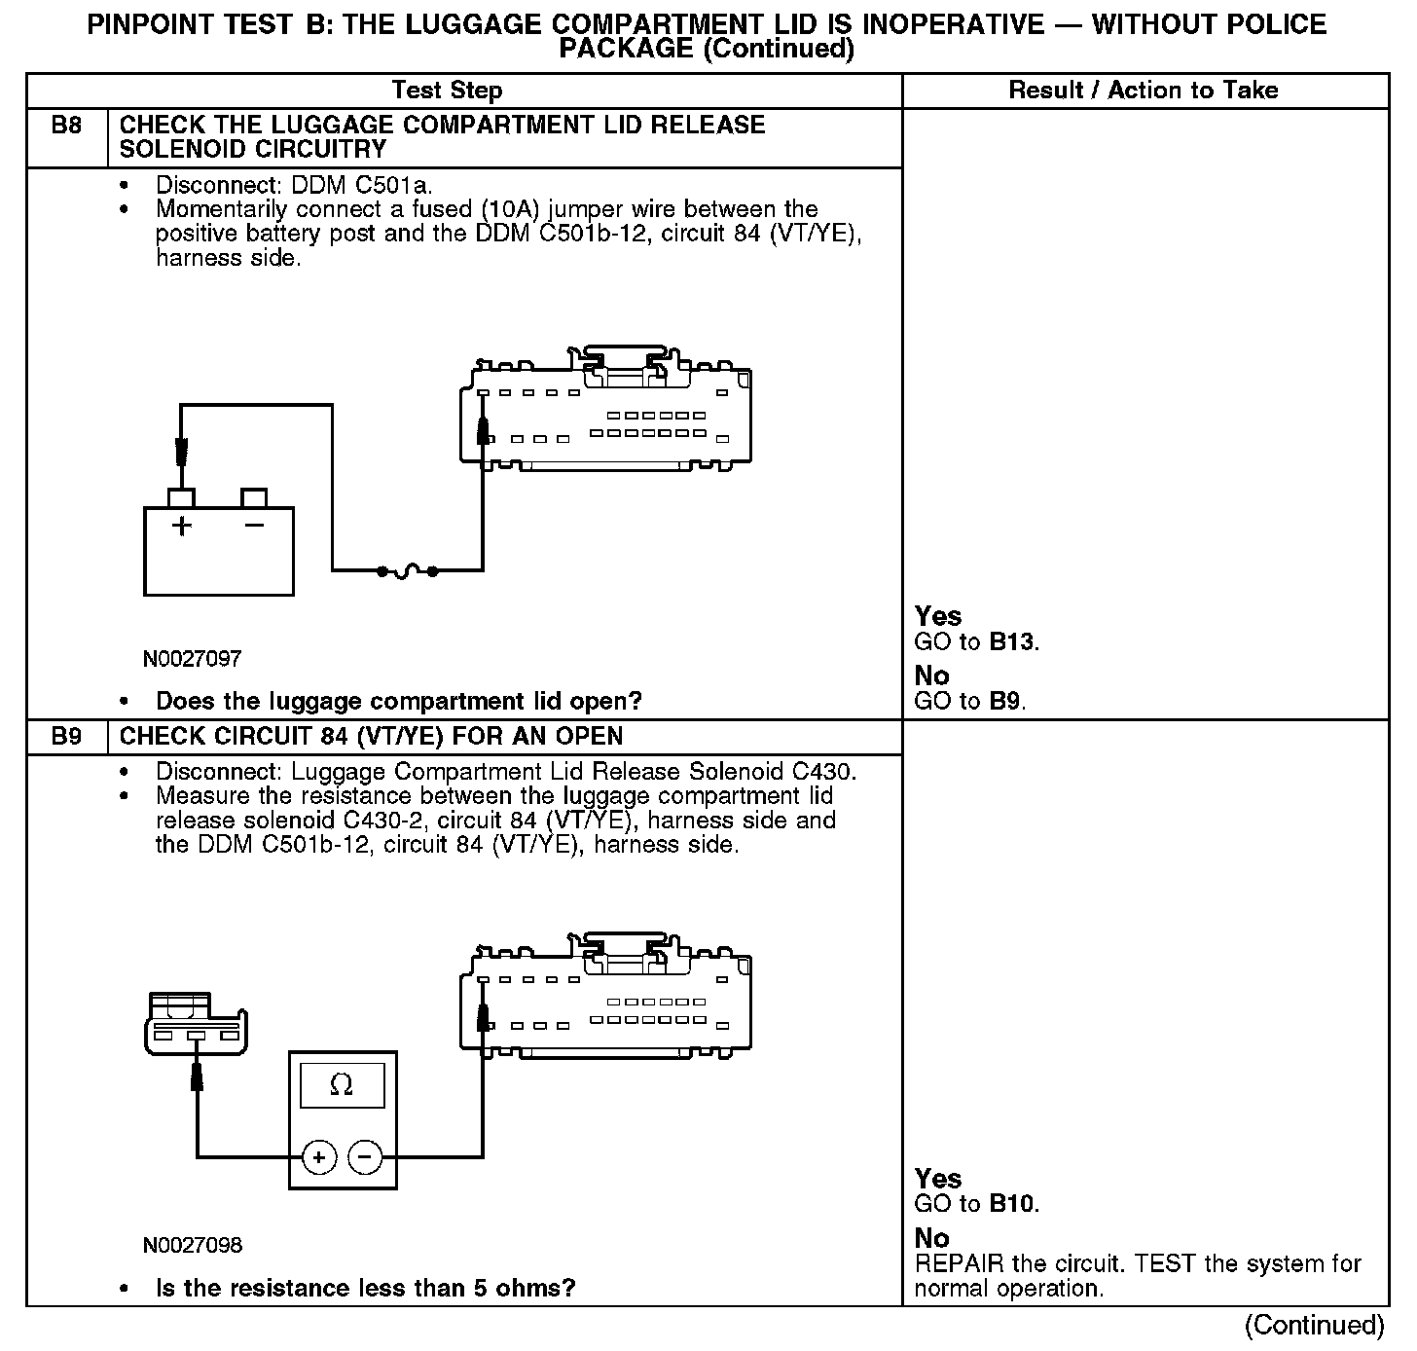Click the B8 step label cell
tap(66, 126)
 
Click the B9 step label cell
tap(66, 736)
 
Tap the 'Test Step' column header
tap(447, 91)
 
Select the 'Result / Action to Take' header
tap(1144, 91)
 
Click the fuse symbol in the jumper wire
tap(407, 570)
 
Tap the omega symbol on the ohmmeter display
tap(342, 1084)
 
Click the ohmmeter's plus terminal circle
tap(319, 1156)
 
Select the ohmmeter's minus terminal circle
tap(365, 1156)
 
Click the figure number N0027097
tap(192, 659)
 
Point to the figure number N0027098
tap(192, 1246)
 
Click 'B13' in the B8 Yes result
tap(1012, 642)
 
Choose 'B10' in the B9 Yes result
tap(1012, 1204)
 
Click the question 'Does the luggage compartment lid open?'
tap(399, 702)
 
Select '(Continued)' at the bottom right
tap(1314, 1326)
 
